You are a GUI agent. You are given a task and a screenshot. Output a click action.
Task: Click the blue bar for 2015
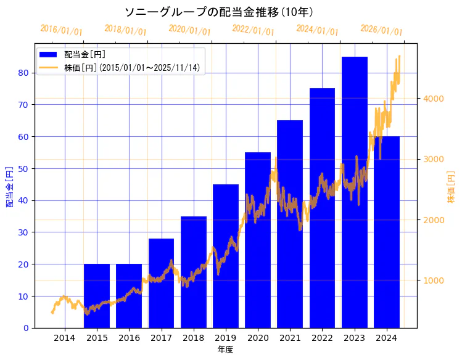click(x=97, y=296)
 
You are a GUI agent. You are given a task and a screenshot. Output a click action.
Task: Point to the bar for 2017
click(x=161, y=283)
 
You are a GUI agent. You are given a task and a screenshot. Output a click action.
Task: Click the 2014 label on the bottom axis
click(x=65, y=338)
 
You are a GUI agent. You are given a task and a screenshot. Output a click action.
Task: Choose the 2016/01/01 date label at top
click(x=61, y=30)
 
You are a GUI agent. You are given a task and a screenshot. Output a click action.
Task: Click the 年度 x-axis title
click(x=226, y=350)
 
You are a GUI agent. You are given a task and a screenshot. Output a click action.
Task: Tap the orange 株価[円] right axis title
click(x=451, y=187)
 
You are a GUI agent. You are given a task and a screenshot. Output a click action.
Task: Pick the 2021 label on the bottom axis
click(x=290, y=338)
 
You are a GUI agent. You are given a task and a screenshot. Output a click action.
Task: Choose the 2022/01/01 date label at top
click(x=253, y=30)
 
